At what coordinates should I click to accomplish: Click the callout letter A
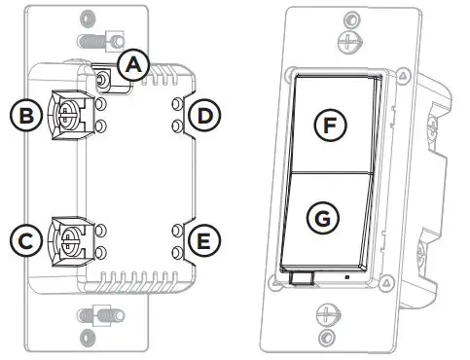(x=132, y=64)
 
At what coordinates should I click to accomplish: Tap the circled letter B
(x=22, y=115)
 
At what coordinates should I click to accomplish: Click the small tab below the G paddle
(x=301, y=279)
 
